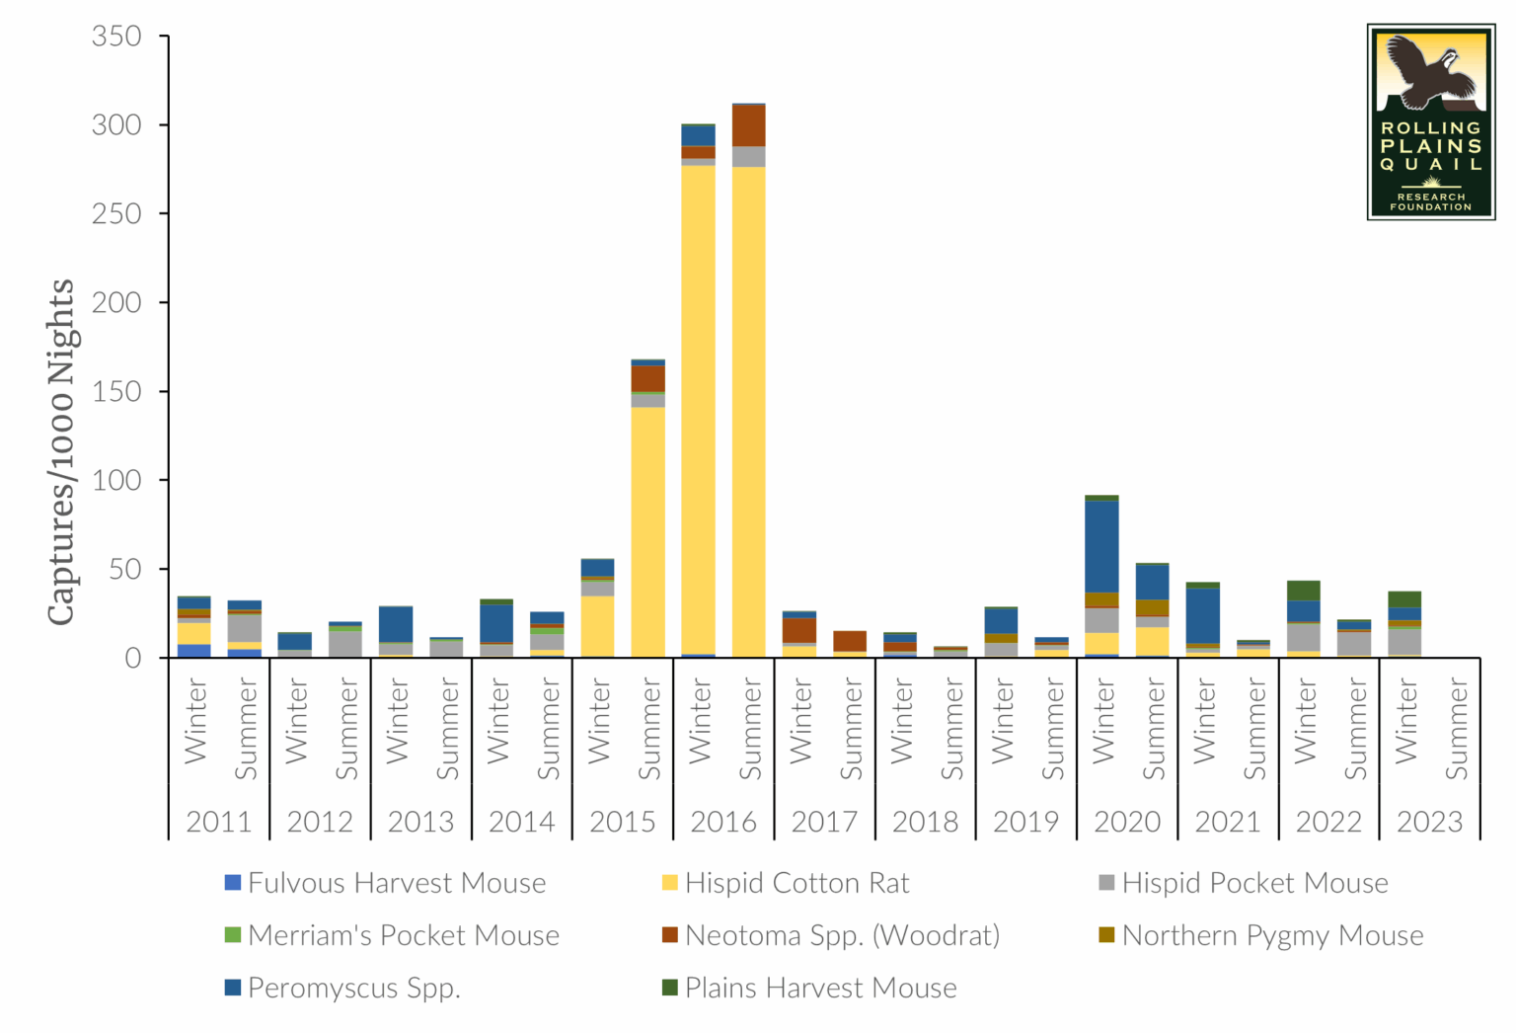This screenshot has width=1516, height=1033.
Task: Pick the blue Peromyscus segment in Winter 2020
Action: tap(1101, 546)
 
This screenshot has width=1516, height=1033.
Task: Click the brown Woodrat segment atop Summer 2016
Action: tap(748, 125)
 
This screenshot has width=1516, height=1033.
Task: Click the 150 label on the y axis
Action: tap(116, 392)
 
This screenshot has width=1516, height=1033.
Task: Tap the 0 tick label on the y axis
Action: tap(132, 659)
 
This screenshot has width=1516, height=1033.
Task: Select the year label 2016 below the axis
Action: tap(723, 822)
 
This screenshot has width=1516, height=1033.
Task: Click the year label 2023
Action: tap(1429, 822)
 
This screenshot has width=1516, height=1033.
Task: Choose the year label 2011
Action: tap(219, 822)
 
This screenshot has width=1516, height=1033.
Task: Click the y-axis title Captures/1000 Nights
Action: tap(61, 451)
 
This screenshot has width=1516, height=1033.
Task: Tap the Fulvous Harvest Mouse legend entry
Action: tap(396, 883)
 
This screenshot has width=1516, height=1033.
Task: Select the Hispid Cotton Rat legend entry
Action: tap(796, 883)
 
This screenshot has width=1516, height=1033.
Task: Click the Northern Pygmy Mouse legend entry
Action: tap(1272, 935)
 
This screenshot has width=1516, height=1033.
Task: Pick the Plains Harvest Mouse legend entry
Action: tap(820, 988)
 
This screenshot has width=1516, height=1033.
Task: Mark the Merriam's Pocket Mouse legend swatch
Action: tap(233, 934)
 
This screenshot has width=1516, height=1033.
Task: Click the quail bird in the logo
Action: tap(1425, 72)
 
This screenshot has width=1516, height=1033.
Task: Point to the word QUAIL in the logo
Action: tap(1431, 164)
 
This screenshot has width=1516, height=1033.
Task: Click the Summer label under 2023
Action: tap(1457, 729)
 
